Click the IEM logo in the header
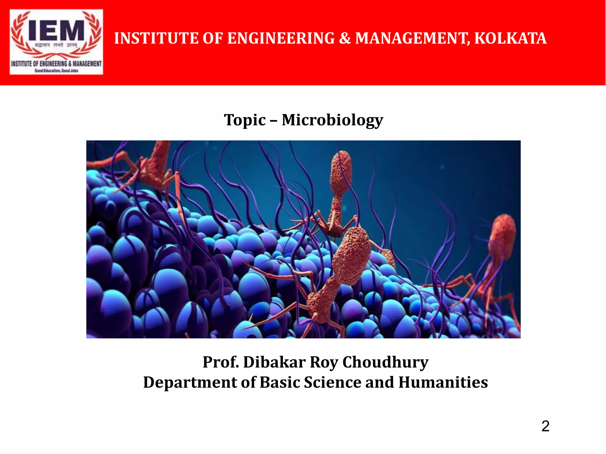click(x=56, y=42)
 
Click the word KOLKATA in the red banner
click(x=510, y=38)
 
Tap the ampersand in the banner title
click(x=345, y=38)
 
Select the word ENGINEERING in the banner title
click(x=281, y=38)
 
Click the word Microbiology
click(x=332, y=120)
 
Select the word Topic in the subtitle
click(x=245, y=120)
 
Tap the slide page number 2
click(x=545, y=426)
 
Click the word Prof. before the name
click(x=221, y=362)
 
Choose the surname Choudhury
click(x=385, y=362)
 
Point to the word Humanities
click(x=443, y=382)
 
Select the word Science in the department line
click(x=333, y=382)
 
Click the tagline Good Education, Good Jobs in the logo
click(x=56, y=71)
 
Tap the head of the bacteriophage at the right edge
click(x=502, y=236)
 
